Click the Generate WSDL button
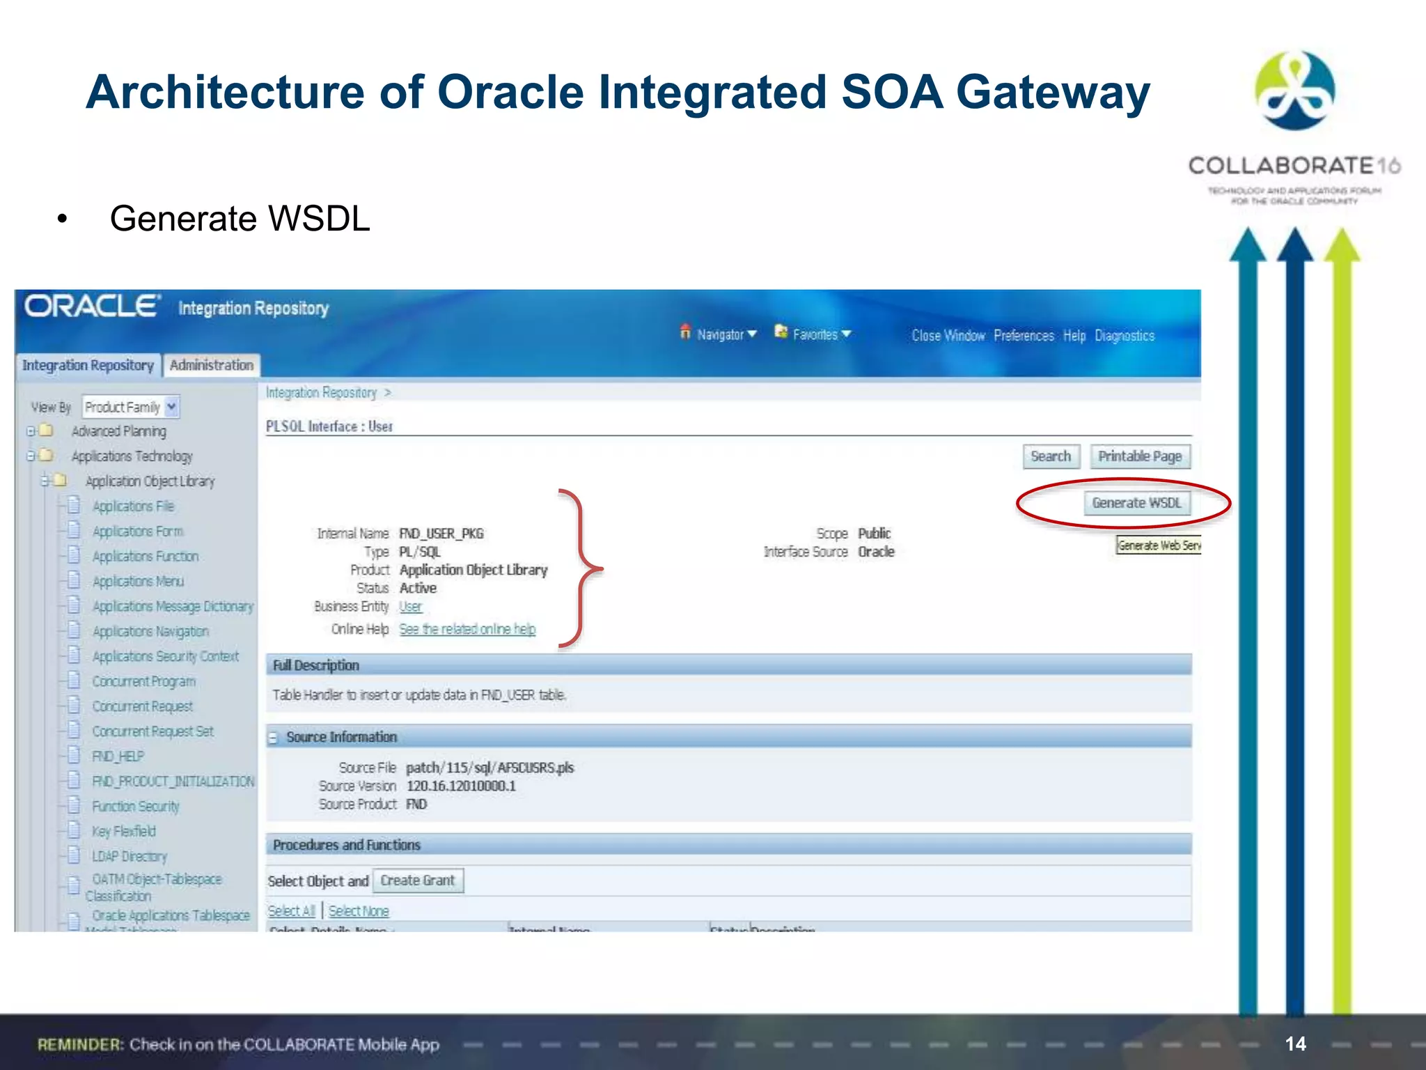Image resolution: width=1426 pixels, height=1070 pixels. click(x=1136, y=503)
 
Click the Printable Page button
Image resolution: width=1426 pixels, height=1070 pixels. click(x=1140, y=456)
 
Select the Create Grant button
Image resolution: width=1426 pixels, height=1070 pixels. click(x=417, y=881)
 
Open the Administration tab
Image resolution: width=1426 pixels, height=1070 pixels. click(x=212, y=365)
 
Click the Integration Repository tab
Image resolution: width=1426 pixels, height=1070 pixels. click(x=88, y=365)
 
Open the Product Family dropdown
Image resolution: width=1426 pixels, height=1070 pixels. click(x=131, y=407)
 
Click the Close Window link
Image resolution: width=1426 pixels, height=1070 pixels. click(x=948, y=336)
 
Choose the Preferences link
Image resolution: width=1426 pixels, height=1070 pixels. click(x=1024, y=336)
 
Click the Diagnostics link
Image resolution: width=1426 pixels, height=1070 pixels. click(x=1124, y=336)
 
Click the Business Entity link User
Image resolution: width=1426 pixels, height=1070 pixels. click(x=410, y=607)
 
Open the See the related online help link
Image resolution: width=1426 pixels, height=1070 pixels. click(x=467, y=629)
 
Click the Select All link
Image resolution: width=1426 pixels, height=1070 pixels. click(x=292, y=911)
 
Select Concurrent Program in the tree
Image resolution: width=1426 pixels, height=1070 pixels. click(x=144, y=681)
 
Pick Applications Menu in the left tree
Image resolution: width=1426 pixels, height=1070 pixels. click(x=138, y=581)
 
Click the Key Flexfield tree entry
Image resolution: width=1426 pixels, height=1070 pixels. click(x=124, y=831)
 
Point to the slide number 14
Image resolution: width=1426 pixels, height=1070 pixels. click(x=1295, y=1044)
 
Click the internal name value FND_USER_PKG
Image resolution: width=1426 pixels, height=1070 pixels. click(x=441, y=534)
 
